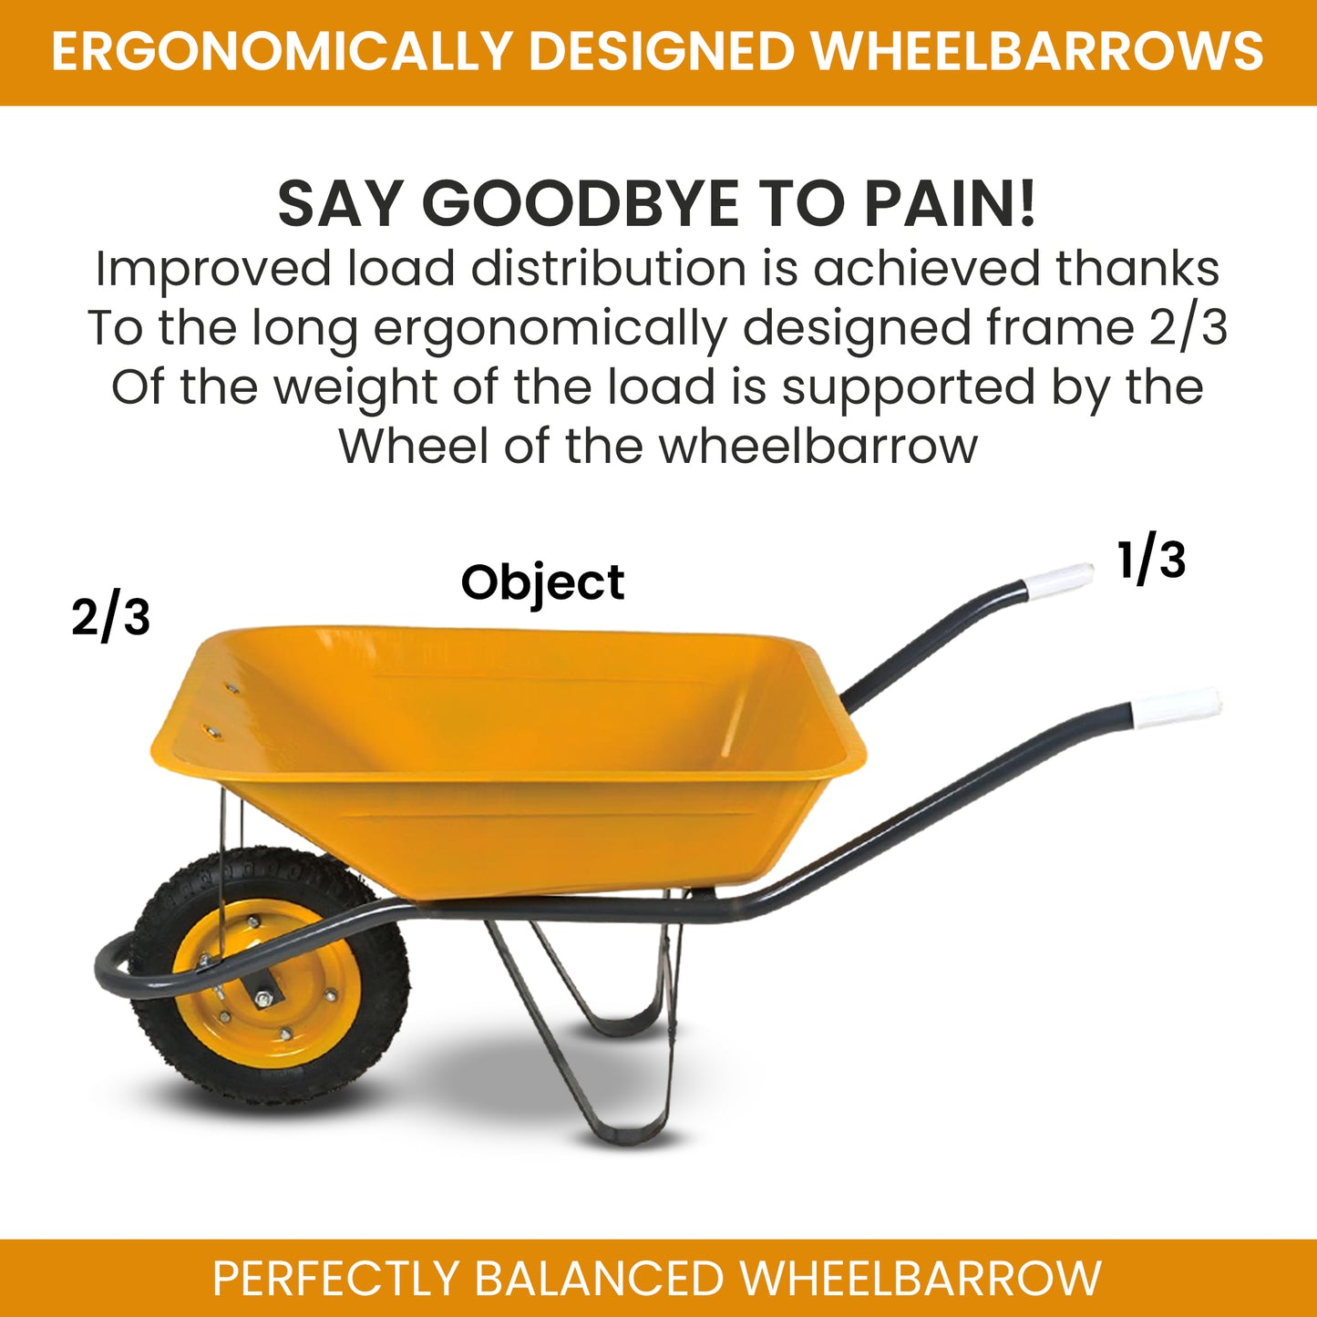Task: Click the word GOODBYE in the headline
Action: (580, 203)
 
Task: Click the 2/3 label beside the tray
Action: (111, 617)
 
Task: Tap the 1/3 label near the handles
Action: (1151, 560)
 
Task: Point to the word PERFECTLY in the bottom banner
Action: (335, 1278)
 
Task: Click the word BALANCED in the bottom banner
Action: (599, 1278)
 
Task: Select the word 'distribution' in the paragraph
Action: (609, 270)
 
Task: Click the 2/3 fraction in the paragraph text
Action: (1188, 328)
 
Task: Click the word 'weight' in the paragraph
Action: (356, 388)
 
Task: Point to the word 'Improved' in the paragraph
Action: (213, 270)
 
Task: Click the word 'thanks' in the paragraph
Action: (1137, 270)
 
